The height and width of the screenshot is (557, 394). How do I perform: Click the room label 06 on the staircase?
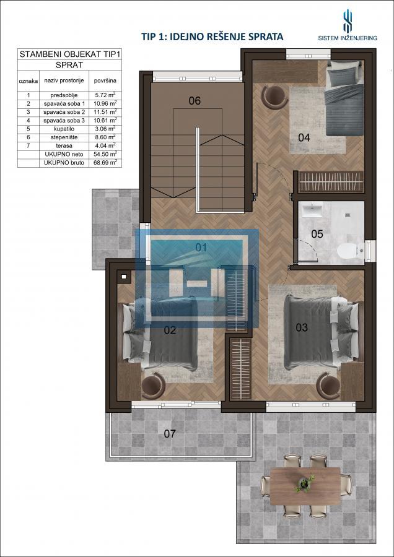(x=195, y=100)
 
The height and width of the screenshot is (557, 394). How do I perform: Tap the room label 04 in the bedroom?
(x=304, y=137)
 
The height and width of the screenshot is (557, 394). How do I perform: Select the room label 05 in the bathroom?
(x=317, y=234)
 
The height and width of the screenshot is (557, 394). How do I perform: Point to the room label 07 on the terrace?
(x=170, y=433)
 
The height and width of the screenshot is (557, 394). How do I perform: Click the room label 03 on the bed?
(x=302, y=327)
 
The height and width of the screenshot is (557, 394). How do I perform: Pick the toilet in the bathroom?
(x=350, y=251)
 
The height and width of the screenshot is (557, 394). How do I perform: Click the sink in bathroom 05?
(x=312, y=210)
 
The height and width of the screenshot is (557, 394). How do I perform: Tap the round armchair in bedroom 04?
(x=274, y=97)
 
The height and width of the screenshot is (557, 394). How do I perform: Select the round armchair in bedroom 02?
(x=153, y=386)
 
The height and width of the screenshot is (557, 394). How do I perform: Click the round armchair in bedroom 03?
(x=328, y=386)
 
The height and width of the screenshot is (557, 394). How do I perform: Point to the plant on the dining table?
(x=304, y=483)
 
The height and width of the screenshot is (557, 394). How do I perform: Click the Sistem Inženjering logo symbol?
(x=348, y=21)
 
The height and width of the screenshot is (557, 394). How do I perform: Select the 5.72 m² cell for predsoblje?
(x=105, y=95)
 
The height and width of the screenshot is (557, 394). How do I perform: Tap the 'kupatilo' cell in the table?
(x=64, y=129)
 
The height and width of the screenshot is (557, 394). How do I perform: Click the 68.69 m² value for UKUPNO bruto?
(x=105, y=163)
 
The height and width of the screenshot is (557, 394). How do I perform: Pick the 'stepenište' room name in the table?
(x=64, y=137)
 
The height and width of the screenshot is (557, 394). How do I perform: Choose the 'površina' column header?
(x=105, y=80)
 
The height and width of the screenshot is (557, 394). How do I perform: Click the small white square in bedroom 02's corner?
(x=124, y=277)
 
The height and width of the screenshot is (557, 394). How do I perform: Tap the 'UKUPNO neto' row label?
(x=64, y=154)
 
